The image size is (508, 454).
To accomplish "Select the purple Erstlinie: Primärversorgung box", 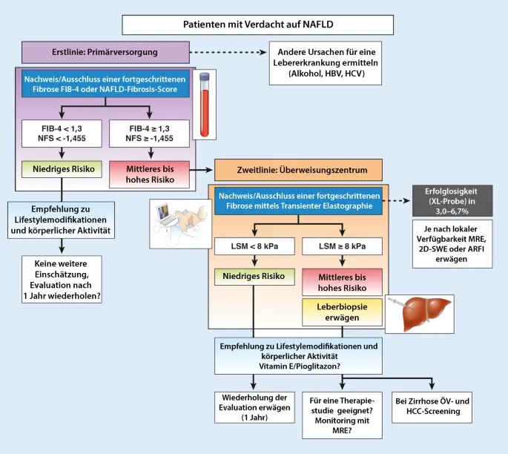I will click(106, 53).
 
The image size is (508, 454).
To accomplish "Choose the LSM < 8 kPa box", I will click(254, 245).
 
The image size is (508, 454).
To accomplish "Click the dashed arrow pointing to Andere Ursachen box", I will click(230, 53).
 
